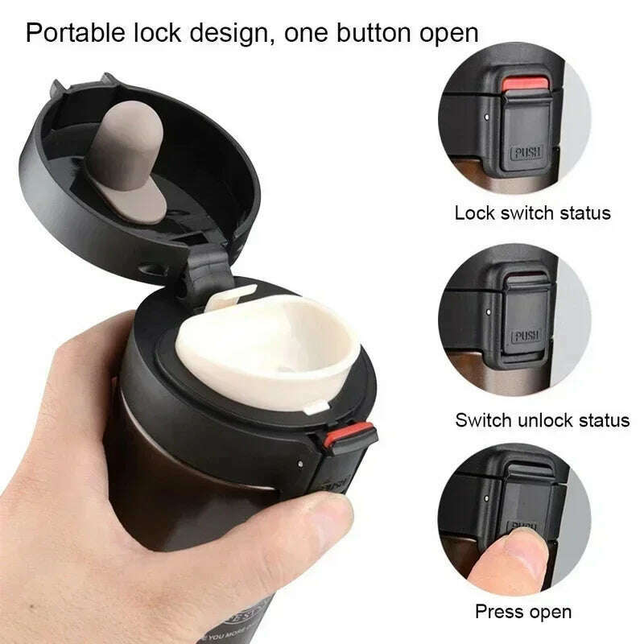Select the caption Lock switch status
(x=532, y=213)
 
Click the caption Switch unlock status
(x=542, y=419)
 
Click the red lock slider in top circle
(x=524, y=85)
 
